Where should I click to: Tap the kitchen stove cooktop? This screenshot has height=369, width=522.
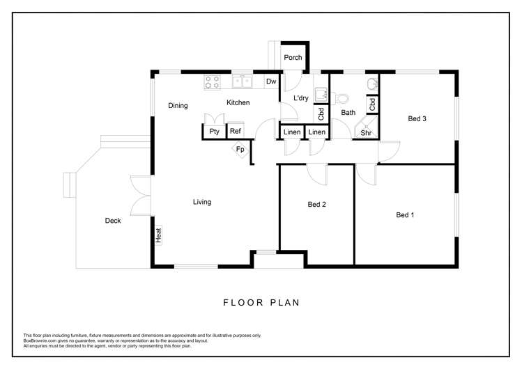click(213, 82)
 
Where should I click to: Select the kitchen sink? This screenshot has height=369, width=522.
click(242, 82)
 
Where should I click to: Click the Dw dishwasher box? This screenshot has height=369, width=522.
click(271, 81)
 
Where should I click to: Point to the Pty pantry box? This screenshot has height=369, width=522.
click(213, 131)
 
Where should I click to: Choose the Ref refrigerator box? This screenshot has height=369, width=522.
click(236, 131)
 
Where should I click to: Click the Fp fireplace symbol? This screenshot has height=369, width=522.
click(240, 149)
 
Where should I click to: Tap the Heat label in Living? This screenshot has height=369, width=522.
click(159, 236)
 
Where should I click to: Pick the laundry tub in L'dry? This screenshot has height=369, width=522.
click(321, 94)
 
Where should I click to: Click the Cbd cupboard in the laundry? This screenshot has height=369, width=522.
click(321, 113)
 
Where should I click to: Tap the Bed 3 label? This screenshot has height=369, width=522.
click(417, 119)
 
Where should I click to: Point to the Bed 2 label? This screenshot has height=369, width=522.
click(317, 205)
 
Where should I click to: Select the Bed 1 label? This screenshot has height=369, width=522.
click(405, 215)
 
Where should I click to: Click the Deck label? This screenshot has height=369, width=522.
click(113, 221)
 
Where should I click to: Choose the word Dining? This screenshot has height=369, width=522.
click(178, 106)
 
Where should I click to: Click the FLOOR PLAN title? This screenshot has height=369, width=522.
click(261, 302)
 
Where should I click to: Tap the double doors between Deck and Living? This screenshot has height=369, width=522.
click(141, 195)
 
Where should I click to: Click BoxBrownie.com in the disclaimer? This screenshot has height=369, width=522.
click(40, 340)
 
